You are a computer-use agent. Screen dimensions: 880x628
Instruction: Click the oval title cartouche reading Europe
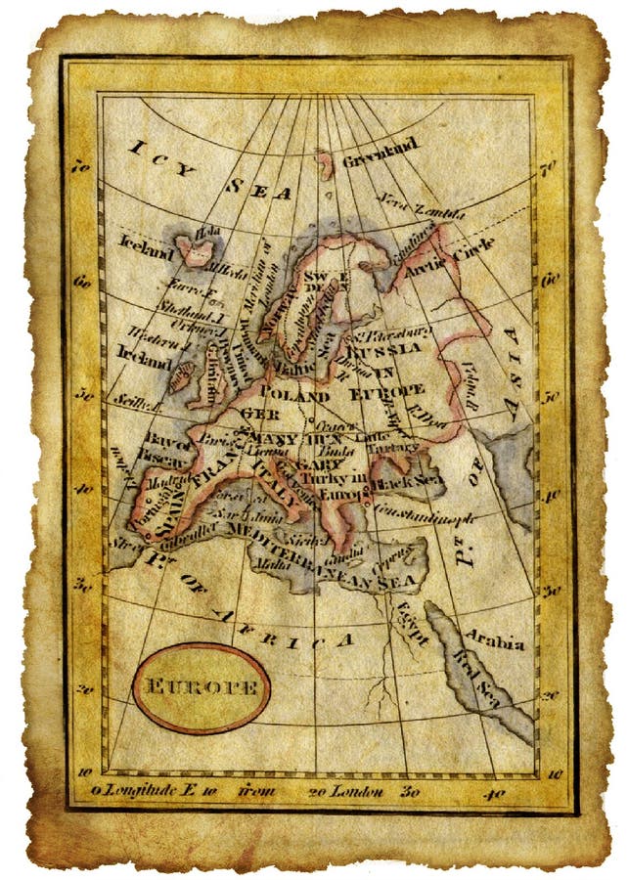point(201,686)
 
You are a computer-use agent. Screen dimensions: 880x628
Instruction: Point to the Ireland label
point(143,356)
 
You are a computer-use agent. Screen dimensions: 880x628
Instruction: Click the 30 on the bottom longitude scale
point(412,791)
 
